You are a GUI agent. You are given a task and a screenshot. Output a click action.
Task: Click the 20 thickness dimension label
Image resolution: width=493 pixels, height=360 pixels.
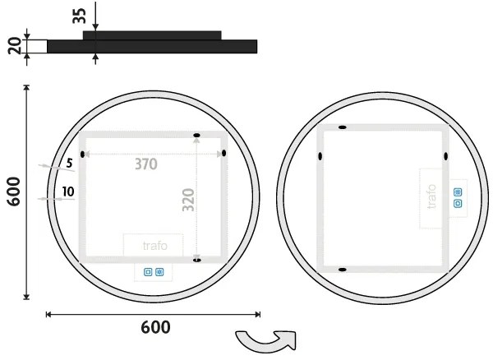click(x=14, y=46)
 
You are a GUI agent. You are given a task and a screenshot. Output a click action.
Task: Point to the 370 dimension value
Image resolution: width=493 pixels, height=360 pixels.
click(x=146, y=164)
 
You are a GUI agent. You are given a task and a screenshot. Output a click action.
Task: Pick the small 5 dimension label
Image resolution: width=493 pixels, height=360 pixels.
click(x=69, y=163)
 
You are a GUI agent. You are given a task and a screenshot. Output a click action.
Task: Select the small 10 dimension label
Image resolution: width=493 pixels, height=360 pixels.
click(x=67, y=193)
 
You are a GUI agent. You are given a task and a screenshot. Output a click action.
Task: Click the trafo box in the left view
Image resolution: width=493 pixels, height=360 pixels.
click(x=153, y=245)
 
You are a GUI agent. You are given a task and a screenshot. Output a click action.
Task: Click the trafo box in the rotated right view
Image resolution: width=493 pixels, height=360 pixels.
click(x=433, y=198)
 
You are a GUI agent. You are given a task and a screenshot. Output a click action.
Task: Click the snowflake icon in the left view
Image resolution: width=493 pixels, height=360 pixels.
click(x=159, y=271)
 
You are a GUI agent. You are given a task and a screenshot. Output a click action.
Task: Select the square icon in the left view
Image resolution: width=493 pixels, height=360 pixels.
click(x=149, y=271)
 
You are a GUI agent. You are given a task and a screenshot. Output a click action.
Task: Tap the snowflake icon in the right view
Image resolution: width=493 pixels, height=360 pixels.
click(x=458, y=192)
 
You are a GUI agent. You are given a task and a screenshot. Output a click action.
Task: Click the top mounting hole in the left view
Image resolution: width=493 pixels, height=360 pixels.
click(x=196, y=135)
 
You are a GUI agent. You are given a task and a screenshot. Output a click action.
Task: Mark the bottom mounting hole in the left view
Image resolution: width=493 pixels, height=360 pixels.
click(x=196, y=260)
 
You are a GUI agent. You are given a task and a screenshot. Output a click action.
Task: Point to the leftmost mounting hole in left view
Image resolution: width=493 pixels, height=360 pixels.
click(x=82, y=154)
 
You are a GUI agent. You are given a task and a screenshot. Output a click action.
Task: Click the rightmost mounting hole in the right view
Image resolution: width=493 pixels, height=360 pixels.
click(x=445, y=156)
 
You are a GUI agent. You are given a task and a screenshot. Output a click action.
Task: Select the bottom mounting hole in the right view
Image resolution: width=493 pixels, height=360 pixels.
click(x=343, y=270)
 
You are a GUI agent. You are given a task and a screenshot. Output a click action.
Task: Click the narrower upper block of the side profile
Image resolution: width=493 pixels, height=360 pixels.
click(x=152, y=35)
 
